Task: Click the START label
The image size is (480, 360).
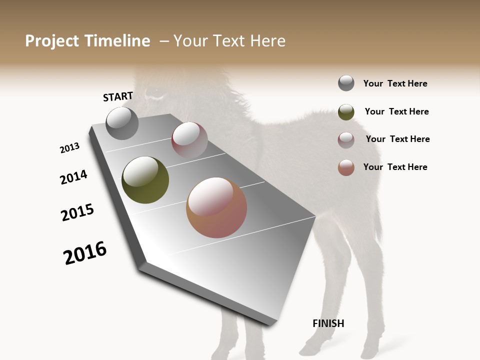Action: pyautogui.click(x=118, y=96)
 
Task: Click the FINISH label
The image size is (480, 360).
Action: pyautogui.click(x=328, y=323)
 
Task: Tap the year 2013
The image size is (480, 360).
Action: pyautogui.click(x=69, y=148)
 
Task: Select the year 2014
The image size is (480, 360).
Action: pyautogui.click(x=73, y=177)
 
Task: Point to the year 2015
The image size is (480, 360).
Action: pyautogui.click(x=77, y=212)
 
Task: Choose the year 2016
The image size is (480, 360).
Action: pyautogui.click(x=85, y=253)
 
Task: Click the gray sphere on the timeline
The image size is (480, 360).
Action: pyautogui.click(x=122, y=123)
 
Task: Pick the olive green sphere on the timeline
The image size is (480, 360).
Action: pyautogui.click(x=145, y=180)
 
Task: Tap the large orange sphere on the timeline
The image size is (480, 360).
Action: pyautogui.click(x=216, y=207)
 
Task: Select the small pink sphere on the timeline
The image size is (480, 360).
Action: pyautogui.click(x=189, y=140)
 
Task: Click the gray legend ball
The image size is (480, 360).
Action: pyautogui.click(x=346, y=83)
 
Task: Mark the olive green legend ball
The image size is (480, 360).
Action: pyautogui.click(x=346, y=112)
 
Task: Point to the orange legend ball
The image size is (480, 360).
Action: pyautogui.click(x=346, y=167)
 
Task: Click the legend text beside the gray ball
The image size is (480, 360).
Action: pyautogui.click(x=395, y=83)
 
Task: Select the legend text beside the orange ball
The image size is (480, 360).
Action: pyautogui.click(x=395, y=167)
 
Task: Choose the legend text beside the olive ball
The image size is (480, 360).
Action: pyautogui.click(x=396, y=111)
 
